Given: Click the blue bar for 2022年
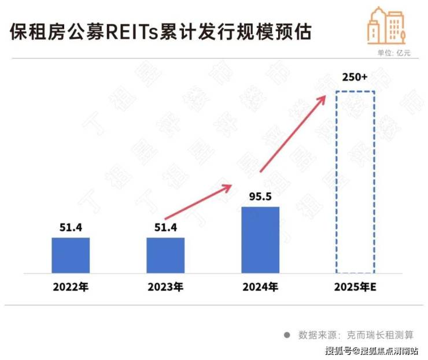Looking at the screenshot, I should pyautogui.click(x=71, y=255).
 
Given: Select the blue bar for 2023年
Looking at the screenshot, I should pyautogui.click(x=165, y=255).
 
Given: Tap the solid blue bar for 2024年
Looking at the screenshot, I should pyautogui.click(x=260, y=240).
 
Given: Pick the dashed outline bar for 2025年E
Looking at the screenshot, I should pyautogui.click(x=355, y=181).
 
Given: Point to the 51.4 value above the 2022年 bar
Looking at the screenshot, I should pyautogui.click(x=71, y=228).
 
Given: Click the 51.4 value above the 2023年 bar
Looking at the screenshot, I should pyautogui.click(x=165, y=228).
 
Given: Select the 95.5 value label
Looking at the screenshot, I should pyautogui.click(x=260, y=196).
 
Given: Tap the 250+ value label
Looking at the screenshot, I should pyautogui.click(x=355, y=77).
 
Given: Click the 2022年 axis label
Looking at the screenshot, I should pyautogui.click(x=71, y=287).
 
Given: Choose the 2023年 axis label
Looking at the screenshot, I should pyautogui.click(x=165, y=287).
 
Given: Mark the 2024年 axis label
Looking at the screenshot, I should pyautogui.click(x=260, y=287).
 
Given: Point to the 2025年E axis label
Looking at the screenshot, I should pyautogui.click(x=355, y=287).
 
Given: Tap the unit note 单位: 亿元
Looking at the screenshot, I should pyautogui.click(x=394, y=53).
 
